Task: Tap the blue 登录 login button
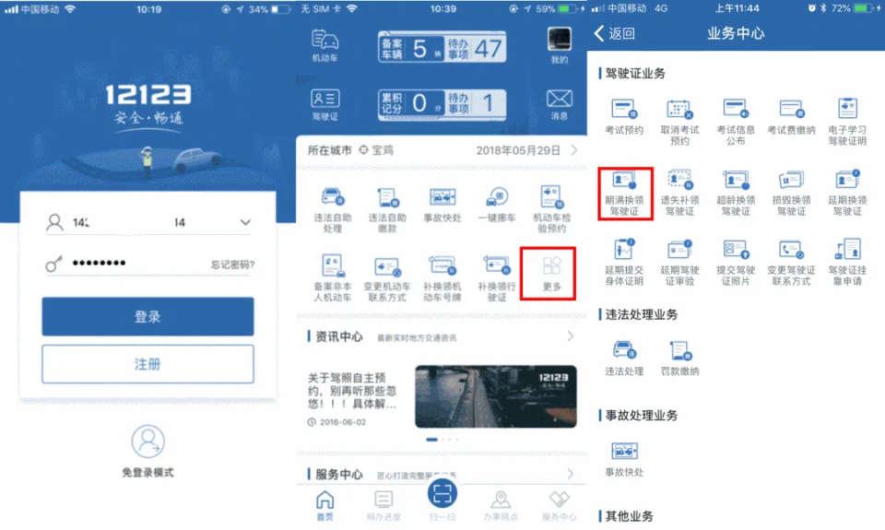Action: pos(147,316)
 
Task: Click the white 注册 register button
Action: pos(147,364)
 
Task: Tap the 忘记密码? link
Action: pos(231,265)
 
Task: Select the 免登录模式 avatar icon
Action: pos(147,442)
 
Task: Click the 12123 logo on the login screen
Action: pos(147,95)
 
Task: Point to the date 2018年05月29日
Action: pos(518,150)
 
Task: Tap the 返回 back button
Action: pos(615,34)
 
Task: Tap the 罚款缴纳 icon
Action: pos(680,350)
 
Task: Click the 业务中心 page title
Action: pos(735,34)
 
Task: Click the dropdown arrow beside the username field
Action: pos(245,222)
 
